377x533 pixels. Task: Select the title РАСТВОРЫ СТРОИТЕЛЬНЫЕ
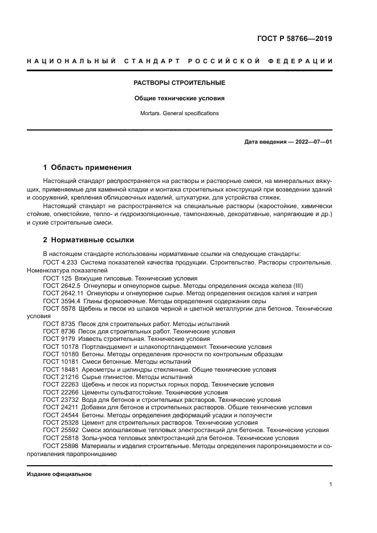179,83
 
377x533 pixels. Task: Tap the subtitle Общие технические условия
179,98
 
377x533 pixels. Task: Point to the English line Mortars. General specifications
179,113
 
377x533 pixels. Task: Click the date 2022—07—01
312,141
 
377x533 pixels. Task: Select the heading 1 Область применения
88,168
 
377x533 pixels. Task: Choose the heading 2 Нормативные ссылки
89,240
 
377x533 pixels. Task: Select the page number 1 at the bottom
331,485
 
